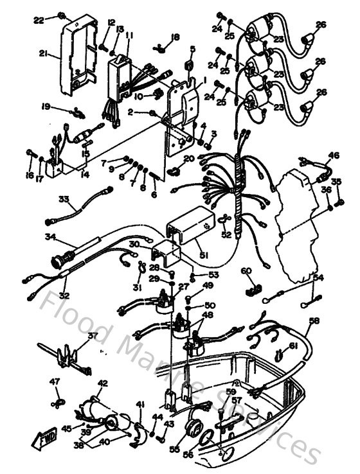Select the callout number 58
tap(314, 320)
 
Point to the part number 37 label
tap(93, 336)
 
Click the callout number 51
tap(205, 256)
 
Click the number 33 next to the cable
tap(62, 200)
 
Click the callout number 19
tap(46, 107)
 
